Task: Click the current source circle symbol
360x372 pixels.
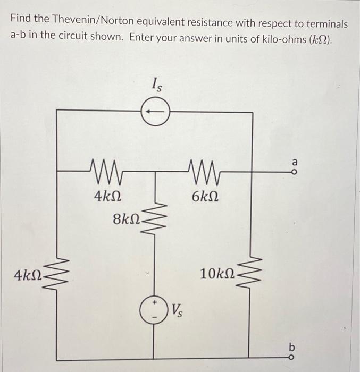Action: pyautogui.click(x=155, y=111)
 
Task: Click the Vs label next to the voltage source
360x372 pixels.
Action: pyautogui.click(x=177, y=309)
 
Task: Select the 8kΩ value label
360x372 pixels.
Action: pyautogui.click(x=126, y=218)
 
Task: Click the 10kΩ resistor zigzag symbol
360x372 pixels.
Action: pyautogui.click(x=249, y=275)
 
